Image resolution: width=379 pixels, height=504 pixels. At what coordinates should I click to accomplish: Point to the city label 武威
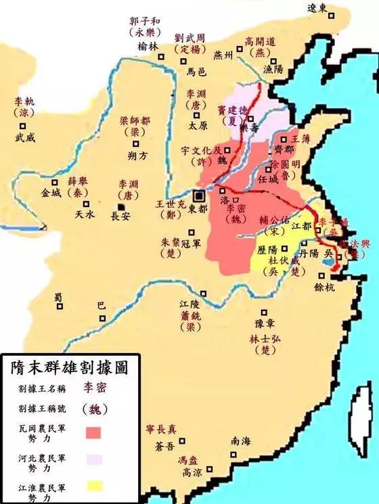click(25, 136)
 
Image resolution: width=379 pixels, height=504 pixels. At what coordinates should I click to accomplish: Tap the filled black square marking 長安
click(121, 206)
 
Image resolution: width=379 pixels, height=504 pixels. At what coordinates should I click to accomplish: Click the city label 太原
click(198, 126)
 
